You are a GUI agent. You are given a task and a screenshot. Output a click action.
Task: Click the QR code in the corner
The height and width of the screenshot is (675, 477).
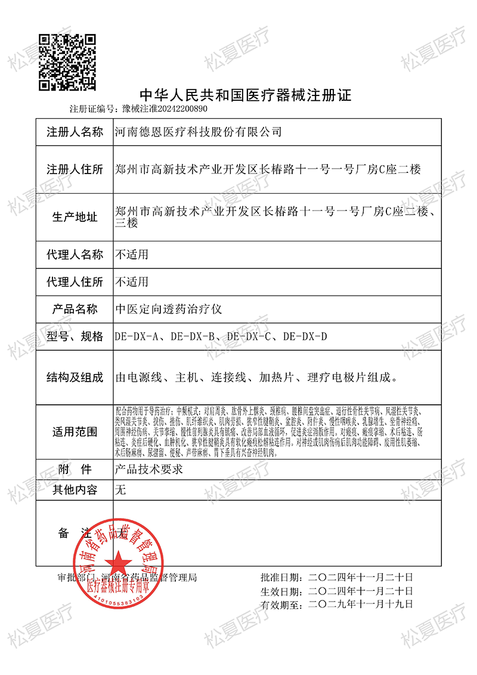point(67,63)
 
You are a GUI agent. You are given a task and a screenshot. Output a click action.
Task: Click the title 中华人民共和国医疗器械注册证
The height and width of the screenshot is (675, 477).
point(246,95)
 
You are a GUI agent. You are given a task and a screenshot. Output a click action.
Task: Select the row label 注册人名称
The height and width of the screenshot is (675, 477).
point(75,132)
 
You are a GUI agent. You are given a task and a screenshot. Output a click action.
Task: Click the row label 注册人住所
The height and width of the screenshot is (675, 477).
point(75,169)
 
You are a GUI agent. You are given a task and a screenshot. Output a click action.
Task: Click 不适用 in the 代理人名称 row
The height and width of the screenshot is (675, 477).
point(131,255)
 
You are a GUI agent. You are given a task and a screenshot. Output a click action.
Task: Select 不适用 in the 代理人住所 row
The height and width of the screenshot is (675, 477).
point(131,281)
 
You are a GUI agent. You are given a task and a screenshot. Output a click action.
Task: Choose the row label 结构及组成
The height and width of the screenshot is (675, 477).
point(75,377)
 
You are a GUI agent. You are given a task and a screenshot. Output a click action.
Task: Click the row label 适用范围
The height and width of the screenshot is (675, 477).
point(75,432)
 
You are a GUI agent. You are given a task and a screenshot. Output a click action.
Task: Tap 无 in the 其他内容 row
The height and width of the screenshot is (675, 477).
point(120,491)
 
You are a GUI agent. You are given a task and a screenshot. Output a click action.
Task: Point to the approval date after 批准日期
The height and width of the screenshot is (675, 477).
point(361,577)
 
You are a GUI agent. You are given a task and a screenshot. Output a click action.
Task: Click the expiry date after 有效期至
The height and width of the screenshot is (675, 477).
point(361,604)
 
